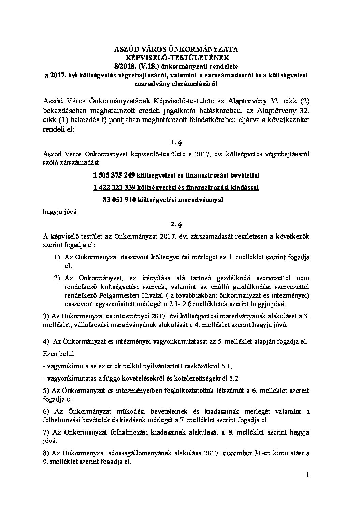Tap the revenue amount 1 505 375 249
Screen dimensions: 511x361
click(x=114, y=175)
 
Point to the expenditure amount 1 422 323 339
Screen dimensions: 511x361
click(x=114, y=188)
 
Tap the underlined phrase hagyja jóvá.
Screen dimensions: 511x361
click(x=60, y=212)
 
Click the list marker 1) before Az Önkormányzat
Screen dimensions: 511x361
click(x=57, y=257)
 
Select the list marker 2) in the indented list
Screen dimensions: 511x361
click(x=57, y=278)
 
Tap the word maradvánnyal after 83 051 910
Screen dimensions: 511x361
click(x=202, y=200)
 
